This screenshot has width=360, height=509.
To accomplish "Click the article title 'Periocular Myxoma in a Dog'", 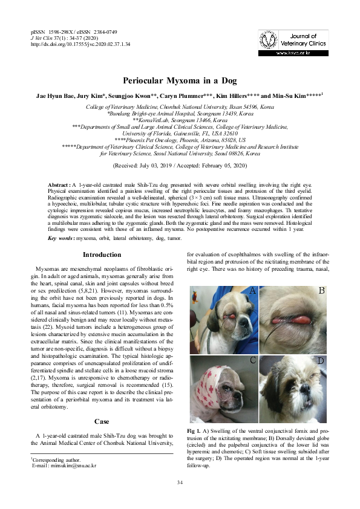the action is pos(180,80).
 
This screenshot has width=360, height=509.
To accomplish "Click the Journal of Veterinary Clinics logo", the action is pos(293,44).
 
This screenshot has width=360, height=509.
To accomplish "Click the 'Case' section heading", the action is pos(101,421).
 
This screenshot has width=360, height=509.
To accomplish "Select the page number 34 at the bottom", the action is pos(180,482).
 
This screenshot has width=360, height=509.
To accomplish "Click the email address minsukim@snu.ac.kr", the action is pos(71,466).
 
